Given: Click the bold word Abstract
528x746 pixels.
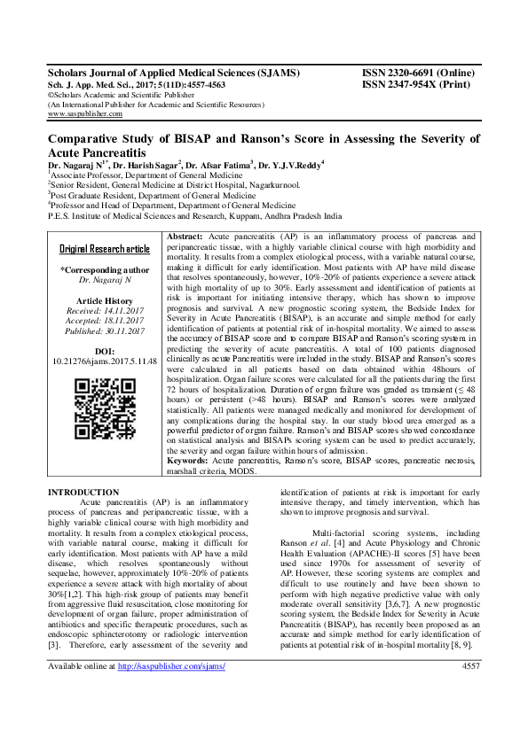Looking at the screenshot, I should (185, 238).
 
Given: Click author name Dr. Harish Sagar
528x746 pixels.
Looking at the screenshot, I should (143, 165).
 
